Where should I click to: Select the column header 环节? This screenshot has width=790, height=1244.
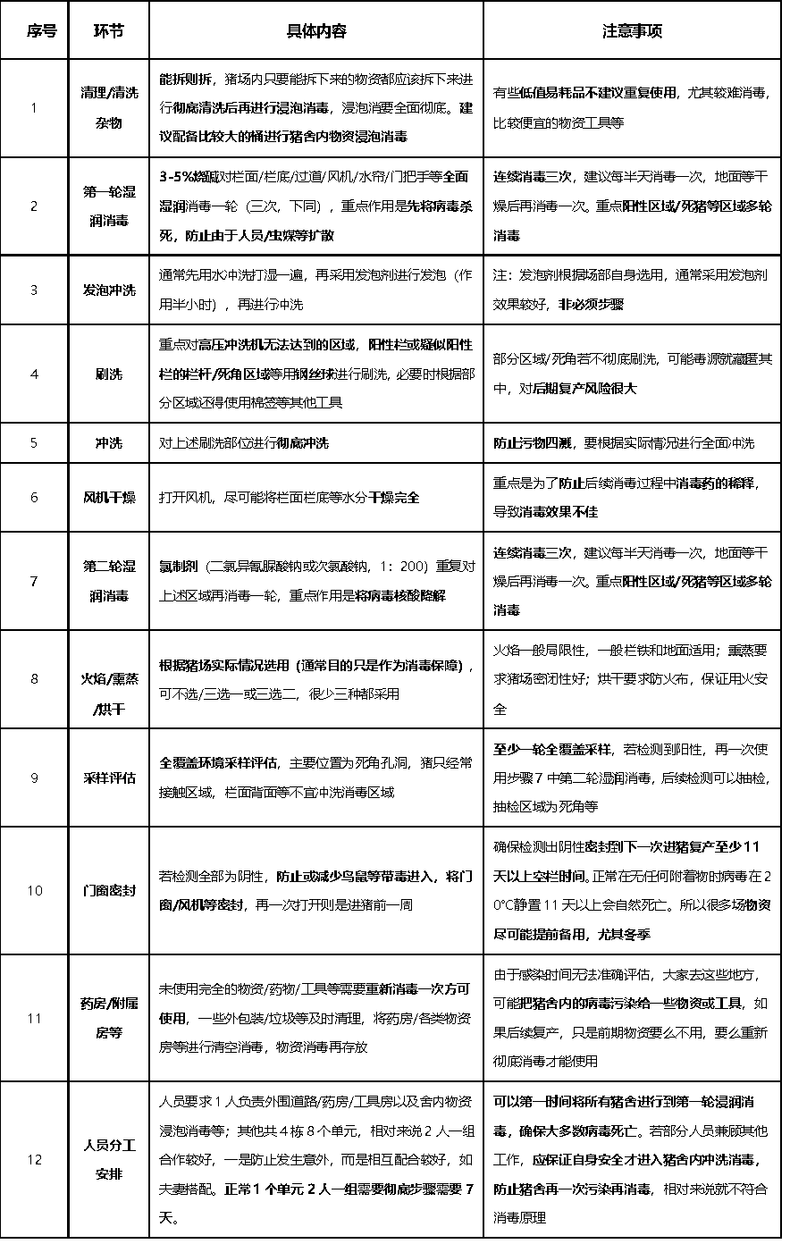click(109, 31)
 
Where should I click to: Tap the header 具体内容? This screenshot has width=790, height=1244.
click(315, 31)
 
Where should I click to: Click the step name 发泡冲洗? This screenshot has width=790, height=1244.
click(109, 290)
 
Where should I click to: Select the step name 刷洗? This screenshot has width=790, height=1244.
click(109, 374)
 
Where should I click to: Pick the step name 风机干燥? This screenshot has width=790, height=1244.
click(109, 497)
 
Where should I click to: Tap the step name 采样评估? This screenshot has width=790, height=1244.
click(109, 777)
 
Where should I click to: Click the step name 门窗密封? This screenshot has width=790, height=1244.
click(109, 890)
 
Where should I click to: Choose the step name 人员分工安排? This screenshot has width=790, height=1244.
click(109, 1159)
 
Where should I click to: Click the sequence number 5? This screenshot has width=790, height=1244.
click(34, 442)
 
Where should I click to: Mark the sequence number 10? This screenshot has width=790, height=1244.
click(34, 890)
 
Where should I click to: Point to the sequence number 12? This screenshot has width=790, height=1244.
click(34, 1159)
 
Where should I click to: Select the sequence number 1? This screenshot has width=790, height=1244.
click(34, 108)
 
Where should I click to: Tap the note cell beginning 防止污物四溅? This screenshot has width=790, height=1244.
click(624, 442)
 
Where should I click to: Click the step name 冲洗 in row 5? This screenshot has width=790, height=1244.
click(109, 442)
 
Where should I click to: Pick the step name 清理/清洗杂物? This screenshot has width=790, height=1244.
click(109, 108)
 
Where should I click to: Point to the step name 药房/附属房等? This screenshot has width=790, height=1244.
click(109, 1018)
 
